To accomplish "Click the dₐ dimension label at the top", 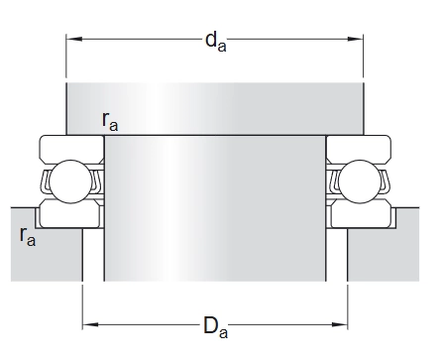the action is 216,43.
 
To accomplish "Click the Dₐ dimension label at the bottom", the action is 215,327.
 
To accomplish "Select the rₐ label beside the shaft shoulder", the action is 110,121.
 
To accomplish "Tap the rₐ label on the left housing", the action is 28,236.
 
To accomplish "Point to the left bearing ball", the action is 70,181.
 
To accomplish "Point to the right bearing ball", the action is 360,181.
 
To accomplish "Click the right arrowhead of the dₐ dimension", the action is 356,39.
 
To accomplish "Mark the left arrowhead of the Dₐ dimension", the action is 90,324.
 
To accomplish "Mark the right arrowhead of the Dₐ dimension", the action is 340,324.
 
